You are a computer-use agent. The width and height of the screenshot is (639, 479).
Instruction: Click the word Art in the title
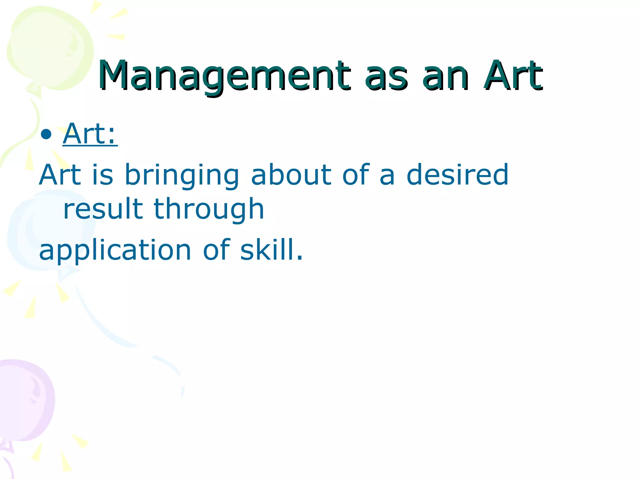coord(513,76)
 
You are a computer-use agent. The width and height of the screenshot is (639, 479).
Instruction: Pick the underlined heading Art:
coord(90,134)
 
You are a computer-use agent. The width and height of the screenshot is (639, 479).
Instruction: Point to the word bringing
coord(182,176)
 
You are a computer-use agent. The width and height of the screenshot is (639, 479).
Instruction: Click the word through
coord(209,210)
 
